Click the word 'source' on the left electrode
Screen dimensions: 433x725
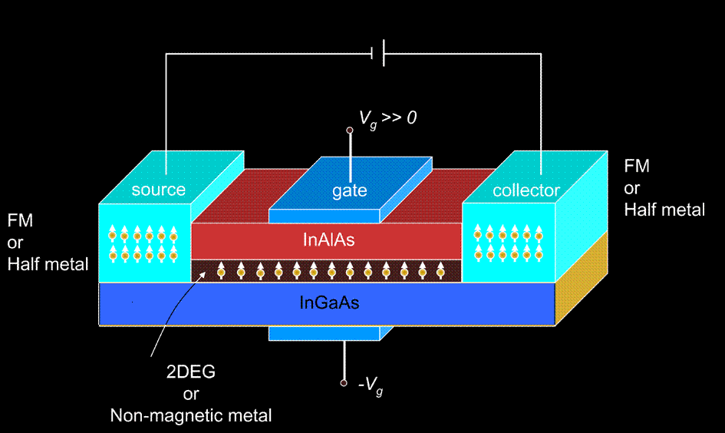(158, 190)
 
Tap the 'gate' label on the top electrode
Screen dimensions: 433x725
(349, 190)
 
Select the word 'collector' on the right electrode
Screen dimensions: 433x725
(526, 190)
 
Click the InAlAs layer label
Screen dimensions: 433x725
(329, 240)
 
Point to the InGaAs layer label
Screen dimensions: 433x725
(329, 302)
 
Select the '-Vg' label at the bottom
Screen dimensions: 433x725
(371, 387)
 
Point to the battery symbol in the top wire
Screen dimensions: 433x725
(377, 54)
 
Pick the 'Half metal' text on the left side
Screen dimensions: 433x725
(48, 264)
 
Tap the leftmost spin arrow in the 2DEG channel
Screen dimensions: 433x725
(221, 270)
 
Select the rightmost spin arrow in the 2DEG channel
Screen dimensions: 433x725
(440, 270)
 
